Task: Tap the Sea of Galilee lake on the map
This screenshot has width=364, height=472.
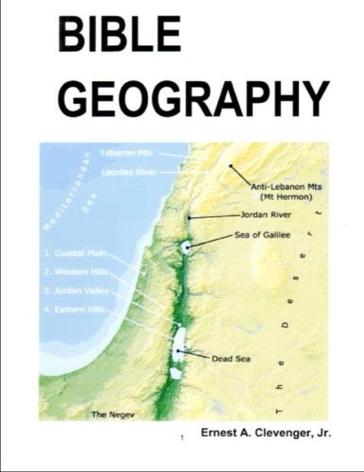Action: [187, 246]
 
